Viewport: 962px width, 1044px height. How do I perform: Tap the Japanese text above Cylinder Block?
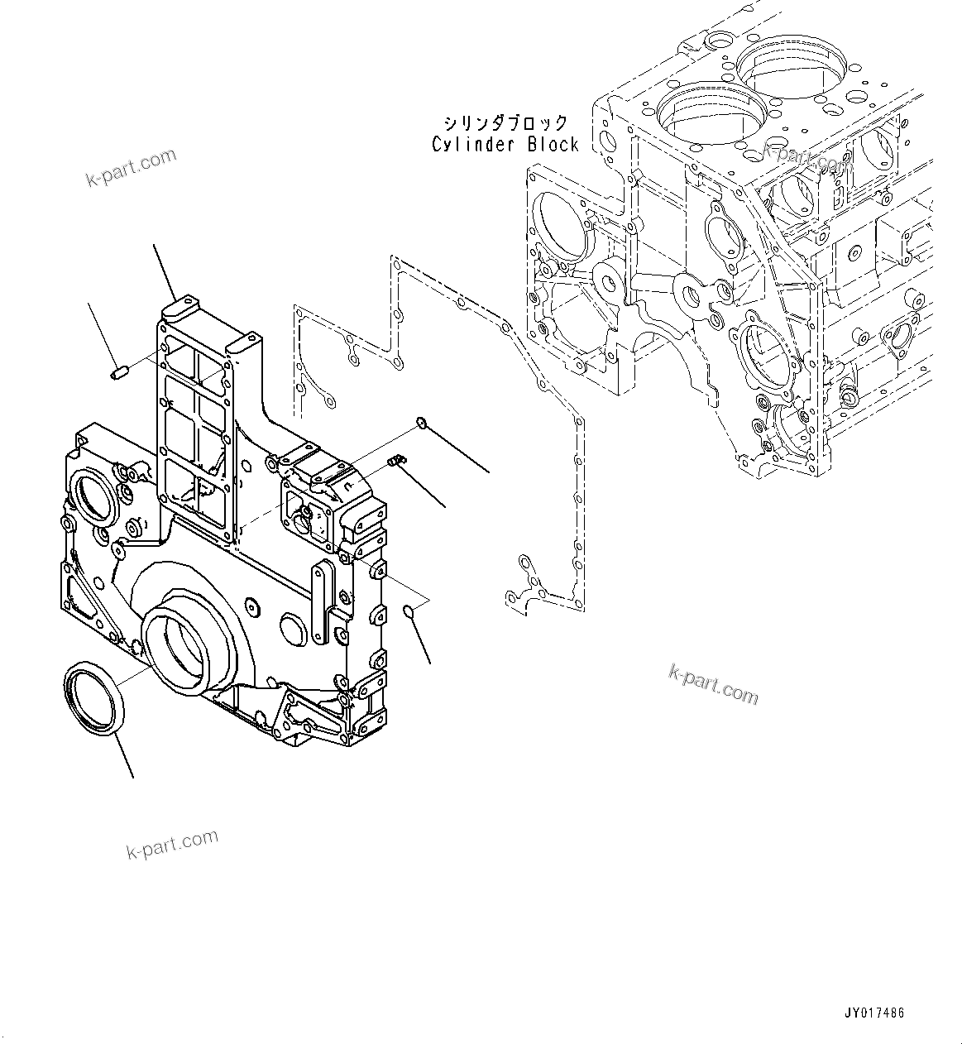point(505,123)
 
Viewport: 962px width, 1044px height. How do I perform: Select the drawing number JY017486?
point(874,1013)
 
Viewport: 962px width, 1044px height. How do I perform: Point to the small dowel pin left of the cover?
point(117,376)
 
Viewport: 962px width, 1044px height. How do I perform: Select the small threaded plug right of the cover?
point(396,460)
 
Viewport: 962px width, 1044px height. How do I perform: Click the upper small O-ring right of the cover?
point(421,424)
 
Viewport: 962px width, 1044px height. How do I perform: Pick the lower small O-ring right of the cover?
point(409,611)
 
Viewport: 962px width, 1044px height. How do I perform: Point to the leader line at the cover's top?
point(164,273)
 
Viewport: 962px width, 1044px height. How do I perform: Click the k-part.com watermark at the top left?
point(131,167)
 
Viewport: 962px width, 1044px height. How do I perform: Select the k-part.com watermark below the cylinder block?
point(713,684)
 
